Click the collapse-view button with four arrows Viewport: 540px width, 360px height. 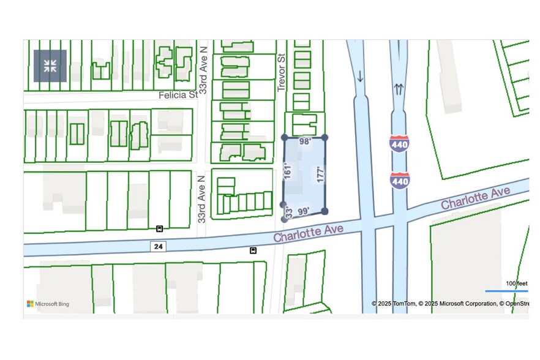coord(50,66)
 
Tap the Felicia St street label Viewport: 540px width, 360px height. coord(178,96)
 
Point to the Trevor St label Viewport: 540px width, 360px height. coord(282,72)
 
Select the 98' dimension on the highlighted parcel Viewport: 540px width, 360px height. coord(305,141)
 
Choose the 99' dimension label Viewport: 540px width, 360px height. coord(303,211)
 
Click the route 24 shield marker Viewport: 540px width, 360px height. coord(159,246)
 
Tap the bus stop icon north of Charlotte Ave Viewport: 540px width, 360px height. coord(159,229)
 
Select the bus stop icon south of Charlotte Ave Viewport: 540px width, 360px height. coord(253,250)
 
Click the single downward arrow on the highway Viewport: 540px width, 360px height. coord(360,77)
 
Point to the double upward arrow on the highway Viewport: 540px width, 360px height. coord(399,89)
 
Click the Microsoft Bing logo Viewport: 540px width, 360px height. coord(48,304)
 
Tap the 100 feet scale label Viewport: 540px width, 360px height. coord(517,283)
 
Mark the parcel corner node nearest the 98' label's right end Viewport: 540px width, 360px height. coord(324,137)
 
